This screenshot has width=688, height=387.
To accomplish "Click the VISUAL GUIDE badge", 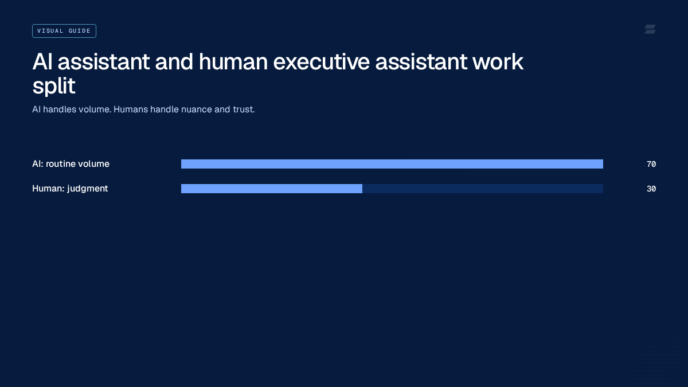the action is pos(64,31).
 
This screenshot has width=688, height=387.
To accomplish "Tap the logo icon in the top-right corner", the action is pos(650,29).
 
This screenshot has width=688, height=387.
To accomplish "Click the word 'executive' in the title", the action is pos(321,62).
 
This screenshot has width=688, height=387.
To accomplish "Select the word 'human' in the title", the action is pos(233,62).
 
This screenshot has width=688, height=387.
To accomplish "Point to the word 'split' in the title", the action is pos(54,85).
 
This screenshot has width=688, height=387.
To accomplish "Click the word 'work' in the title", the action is pos(498,62).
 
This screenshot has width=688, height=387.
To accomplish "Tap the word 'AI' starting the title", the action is pos(42,62).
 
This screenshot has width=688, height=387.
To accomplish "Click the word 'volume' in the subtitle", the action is pos(95,110).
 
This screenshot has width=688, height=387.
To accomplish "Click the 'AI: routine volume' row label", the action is pos(71,164).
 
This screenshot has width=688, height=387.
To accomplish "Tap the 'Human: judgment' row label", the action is pos(70,189).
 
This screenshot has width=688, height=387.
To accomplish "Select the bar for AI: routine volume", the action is pos(392,164).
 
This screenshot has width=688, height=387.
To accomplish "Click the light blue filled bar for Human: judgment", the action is pos(272,189).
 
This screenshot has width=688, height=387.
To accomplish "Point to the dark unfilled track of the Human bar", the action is pos(483,189).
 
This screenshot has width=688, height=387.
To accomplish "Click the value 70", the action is pos(651,165).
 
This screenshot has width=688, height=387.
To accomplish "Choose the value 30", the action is pos(651,189).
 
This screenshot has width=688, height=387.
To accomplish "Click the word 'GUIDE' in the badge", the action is pos(80,31).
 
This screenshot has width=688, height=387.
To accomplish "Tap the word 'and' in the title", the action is pos(174,62).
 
